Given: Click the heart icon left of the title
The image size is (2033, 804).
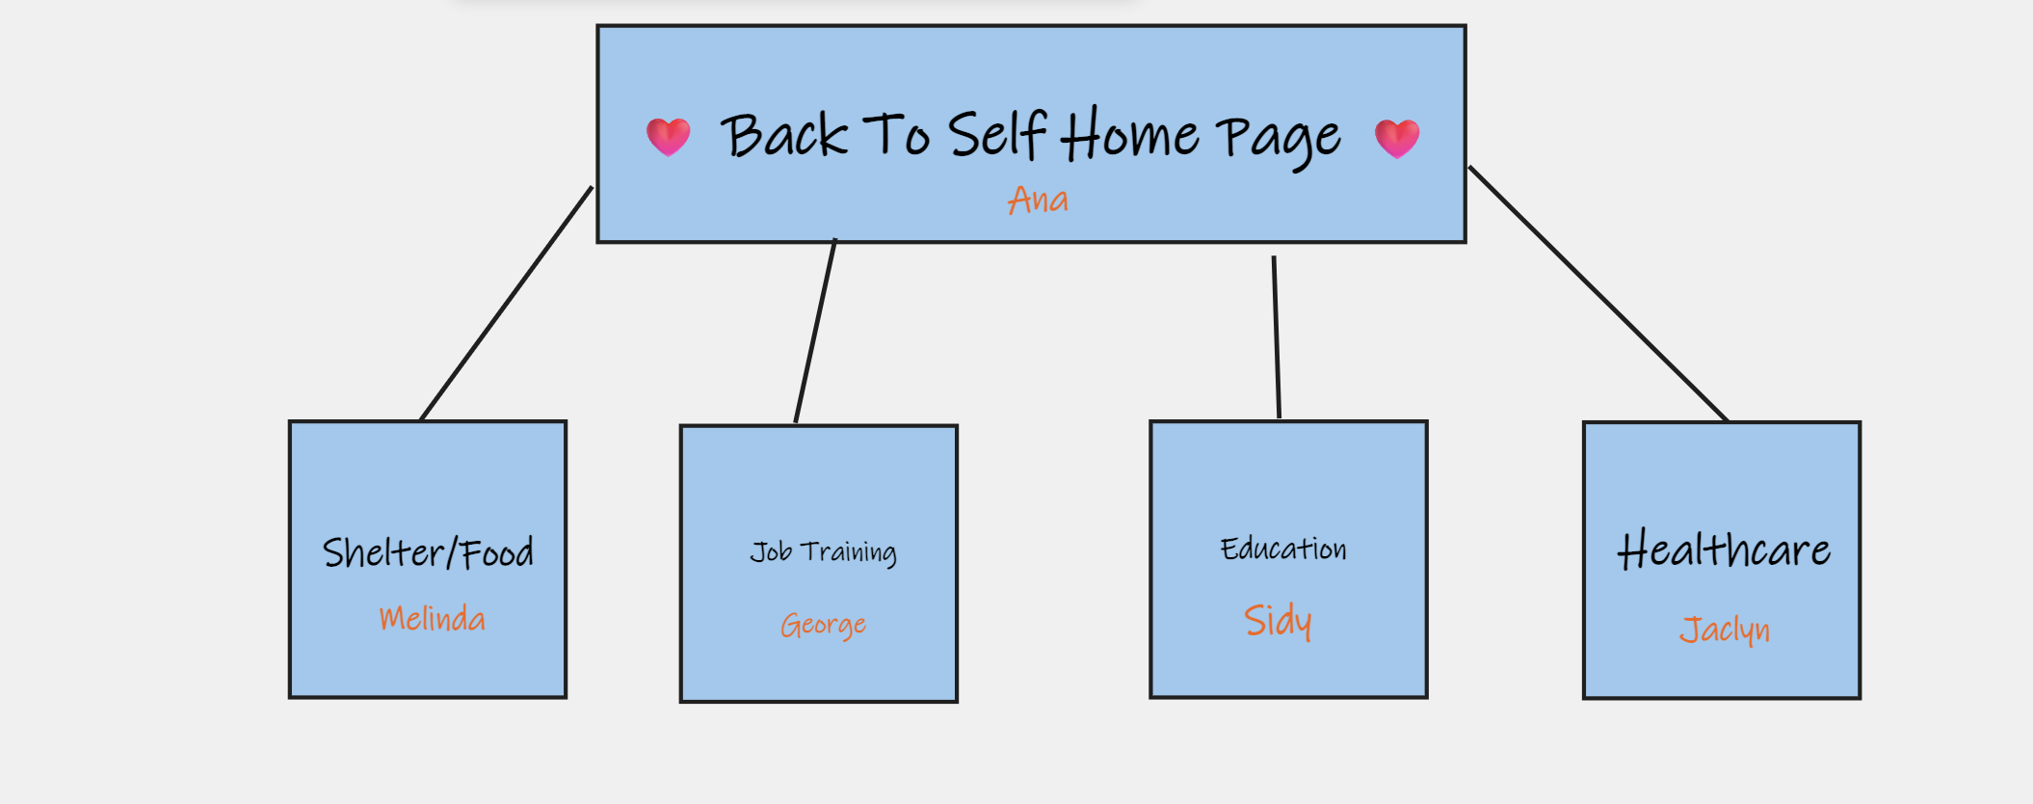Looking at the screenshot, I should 668,137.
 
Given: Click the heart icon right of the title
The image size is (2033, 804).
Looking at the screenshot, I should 1396,138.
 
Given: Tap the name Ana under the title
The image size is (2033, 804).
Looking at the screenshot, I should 1038,201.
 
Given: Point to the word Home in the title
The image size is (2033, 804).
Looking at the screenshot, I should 1129,135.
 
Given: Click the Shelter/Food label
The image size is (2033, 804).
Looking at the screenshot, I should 428,552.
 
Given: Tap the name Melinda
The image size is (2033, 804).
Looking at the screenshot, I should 432,618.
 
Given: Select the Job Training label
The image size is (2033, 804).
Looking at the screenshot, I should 823,552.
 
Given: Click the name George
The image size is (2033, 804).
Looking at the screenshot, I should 823,626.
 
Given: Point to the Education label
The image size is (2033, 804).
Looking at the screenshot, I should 1283,549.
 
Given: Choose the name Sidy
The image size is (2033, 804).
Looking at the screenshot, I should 1278,621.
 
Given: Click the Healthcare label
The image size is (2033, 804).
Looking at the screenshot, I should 1723,550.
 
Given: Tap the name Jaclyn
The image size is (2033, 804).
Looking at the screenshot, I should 1724,630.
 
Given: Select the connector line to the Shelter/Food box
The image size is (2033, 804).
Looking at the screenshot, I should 507,303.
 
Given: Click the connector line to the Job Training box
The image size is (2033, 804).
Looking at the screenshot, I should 815,331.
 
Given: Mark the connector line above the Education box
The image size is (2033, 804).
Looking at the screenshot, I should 1277,337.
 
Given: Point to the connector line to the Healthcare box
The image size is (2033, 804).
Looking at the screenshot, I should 1597,293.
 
